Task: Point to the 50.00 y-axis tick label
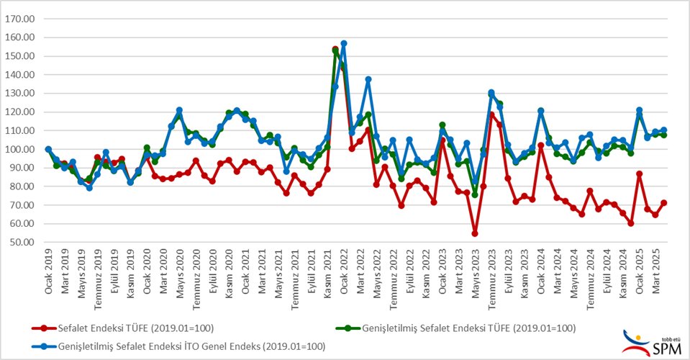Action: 20,242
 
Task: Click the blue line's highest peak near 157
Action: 344,43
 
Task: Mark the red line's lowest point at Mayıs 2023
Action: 475,233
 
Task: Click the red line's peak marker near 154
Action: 335,49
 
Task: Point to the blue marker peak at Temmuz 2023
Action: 491,93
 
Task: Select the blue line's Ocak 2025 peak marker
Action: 639,110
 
